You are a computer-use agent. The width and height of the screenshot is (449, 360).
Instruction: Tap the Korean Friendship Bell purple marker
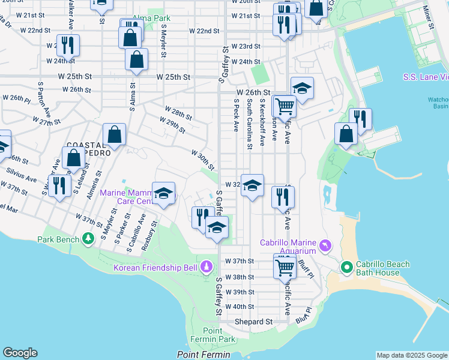pos(206,265)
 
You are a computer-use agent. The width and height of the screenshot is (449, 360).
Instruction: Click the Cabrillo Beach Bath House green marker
pos(346,266)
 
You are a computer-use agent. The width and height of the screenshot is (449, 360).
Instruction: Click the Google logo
pos(20,353)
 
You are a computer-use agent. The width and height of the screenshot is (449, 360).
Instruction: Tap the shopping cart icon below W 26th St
pos(285,107)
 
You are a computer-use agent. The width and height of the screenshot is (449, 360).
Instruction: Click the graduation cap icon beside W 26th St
pos(302,88)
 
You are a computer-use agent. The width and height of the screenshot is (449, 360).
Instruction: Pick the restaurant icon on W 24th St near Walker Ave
pos(67,44)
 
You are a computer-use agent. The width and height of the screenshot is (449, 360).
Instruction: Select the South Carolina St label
pos(249,125)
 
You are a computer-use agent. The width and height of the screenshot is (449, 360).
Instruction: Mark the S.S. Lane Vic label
pos(426,77)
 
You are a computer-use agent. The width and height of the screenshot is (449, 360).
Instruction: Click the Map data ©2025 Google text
pos(412,355)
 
